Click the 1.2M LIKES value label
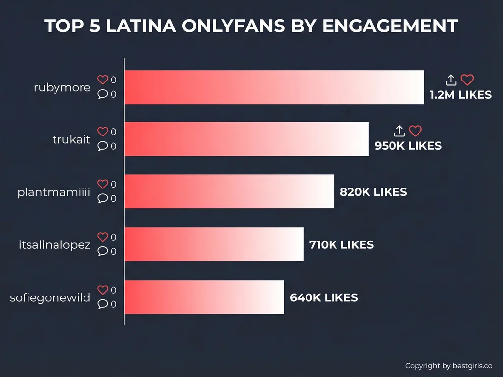pos(460,95)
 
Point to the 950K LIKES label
pos(408,146)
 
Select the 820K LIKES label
pos(373,192)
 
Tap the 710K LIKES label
pos(341,244)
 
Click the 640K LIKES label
pos(324,297)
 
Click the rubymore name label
pos(62,88)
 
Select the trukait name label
pos(71,139)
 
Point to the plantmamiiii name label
pos(54,192)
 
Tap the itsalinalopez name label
pos(55,244)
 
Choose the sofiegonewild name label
pos(50,297)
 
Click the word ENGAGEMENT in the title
pos(390,26)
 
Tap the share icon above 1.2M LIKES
pos(451,80)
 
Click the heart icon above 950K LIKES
pos(416,131)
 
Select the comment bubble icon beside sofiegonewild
pos(102,304)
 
